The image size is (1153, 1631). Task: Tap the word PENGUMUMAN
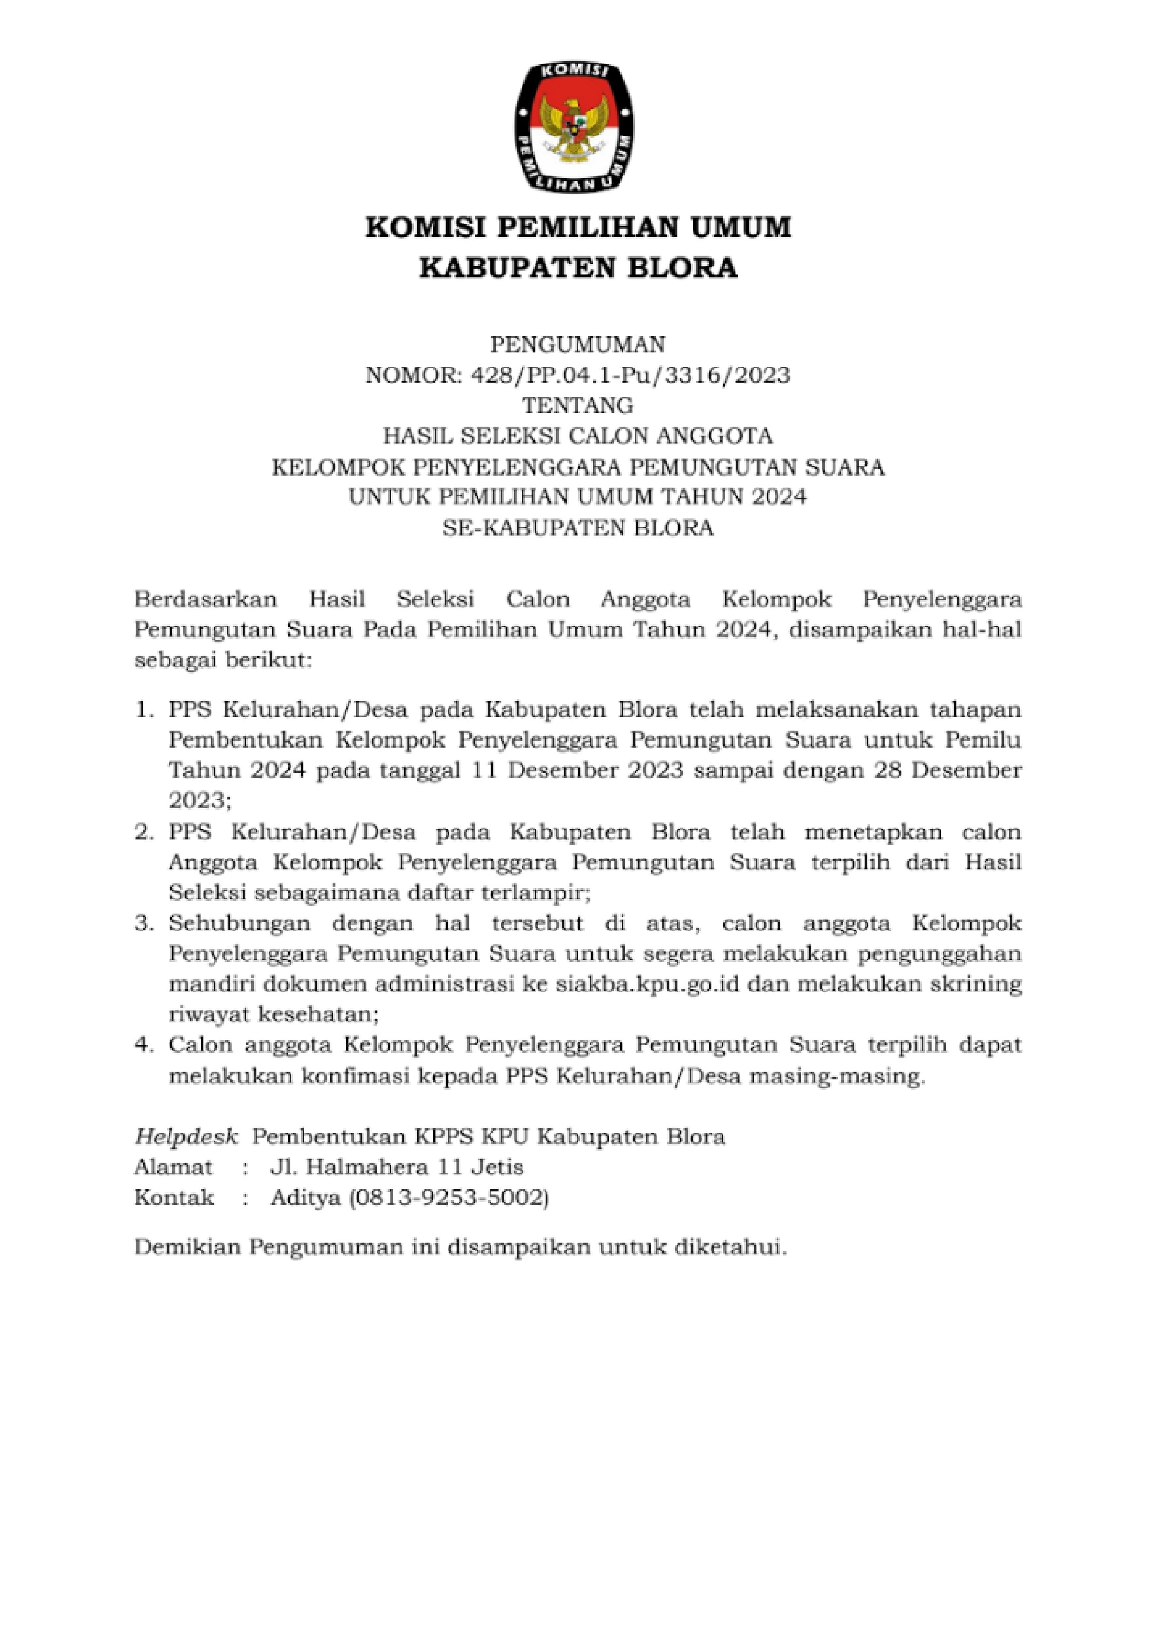(578, 345)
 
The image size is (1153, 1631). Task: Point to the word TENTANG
(578, 405)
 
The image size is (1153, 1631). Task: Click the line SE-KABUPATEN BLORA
(578, 528)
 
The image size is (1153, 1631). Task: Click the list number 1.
(144, 709)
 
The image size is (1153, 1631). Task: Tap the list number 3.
(144, 923)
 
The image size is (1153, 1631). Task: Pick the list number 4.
(144, 1046)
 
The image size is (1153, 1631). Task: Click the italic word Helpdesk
(186, 1137)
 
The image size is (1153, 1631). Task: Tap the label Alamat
(173, 1167)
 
